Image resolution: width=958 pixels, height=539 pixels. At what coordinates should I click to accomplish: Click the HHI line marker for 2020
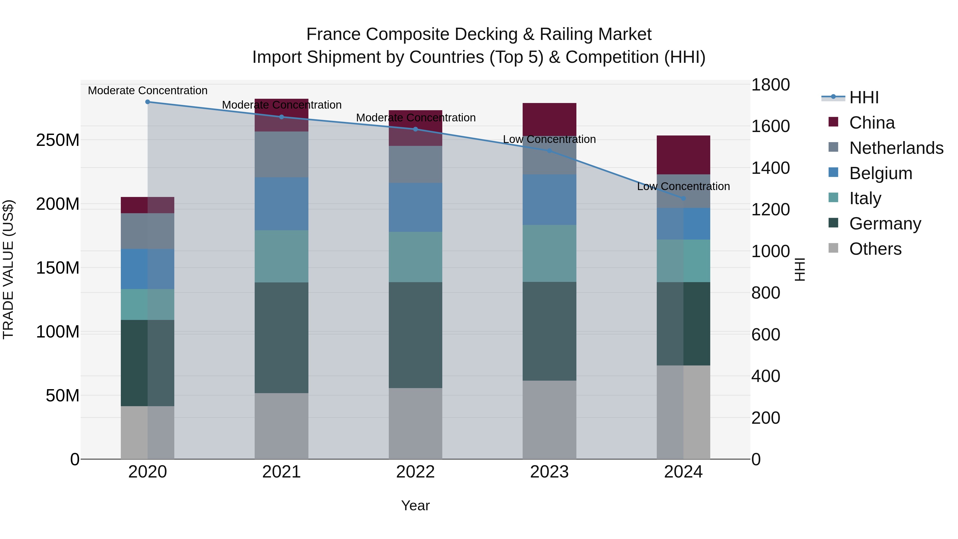click(x=148, y=102)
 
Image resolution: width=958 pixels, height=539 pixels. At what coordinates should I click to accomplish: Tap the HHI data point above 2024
click(x=683, y=198)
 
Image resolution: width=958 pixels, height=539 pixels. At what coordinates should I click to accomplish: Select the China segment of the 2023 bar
click(x=549, y=119)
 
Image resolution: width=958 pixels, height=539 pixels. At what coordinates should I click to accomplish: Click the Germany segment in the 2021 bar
click(x=282, y=338)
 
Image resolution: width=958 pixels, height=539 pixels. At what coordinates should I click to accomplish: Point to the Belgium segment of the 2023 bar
click(x=549, y=199)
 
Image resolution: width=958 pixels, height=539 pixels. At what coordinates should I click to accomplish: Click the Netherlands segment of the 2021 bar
click(x=282, y=154)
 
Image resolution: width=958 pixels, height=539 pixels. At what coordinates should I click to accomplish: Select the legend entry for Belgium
click(x=880, y=173)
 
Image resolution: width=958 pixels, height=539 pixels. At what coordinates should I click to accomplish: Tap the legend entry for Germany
click(x=885, y=224)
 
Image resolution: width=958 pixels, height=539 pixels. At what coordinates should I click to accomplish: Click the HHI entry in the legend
click(x=864, y=97)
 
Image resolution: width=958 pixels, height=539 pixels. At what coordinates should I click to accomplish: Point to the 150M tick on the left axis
click(x=58, y=268)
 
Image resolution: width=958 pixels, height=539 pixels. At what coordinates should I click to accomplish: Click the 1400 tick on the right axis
click(x=770, y=168)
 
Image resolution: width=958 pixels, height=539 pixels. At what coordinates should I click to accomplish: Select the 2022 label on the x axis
click(x=415, y=472)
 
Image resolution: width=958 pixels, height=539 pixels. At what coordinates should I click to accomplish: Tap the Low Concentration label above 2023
click(x=549, y=139)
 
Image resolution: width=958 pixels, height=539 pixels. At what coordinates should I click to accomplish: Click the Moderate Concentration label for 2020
click(x=148, y=90)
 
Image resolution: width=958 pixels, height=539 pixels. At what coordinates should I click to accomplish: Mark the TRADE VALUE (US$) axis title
click(x=8, y=269)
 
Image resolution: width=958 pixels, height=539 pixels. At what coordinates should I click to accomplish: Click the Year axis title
click(x=415, y=505)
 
